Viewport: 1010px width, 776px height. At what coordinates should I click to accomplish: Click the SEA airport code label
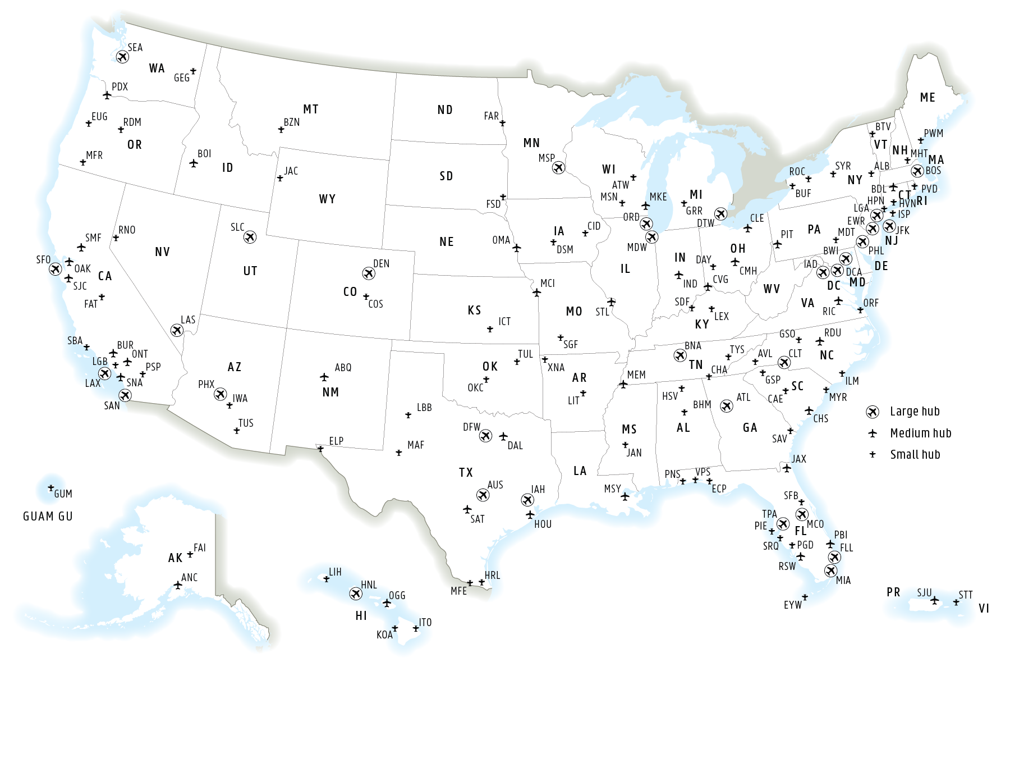tap(135, 48)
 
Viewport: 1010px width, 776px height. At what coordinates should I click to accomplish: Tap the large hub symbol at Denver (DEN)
tap(369, 273)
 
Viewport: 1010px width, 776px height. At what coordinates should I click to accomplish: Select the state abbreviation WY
tap(327, 199)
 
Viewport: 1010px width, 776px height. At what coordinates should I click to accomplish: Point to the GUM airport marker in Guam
tap(51, 488)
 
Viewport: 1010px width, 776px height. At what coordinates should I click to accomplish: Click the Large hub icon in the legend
tap(873, 412)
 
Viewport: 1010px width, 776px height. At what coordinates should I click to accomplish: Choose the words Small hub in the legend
tap(915, 455)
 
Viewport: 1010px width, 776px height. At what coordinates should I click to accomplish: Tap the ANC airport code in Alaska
tap(189, 578)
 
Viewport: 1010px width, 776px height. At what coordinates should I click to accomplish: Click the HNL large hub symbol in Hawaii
tap(356, 594)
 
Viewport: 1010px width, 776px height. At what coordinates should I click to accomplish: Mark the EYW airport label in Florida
tap(792, 605)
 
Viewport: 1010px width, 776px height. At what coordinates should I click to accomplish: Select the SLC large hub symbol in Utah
tap(250, 238)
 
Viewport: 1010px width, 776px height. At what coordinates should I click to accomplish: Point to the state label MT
tap(311, 109)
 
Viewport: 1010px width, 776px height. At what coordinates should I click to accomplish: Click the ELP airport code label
tap(336, 441)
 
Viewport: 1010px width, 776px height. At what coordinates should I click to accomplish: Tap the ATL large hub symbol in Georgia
tap(727, 406)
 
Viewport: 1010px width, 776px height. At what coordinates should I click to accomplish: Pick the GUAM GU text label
tap(48, 517)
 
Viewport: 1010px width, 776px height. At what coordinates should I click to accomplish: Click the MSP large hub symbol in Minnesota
tap(559, 168)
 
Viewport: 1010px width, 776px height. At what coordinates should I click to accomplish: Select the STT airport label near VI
tap(965, 595)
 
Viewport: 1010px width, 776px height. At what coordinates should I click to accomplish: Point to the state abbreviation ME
tap(928, 98)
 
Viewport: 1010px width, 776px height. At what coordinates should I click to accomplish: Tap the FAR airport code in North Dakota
tap(491, 116)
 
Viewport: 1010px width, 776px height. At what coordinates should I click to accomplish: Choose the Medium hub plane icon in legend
tap(873, 433)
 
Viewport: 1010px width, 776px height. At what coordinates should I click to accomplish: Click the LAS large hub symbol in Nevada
tap(177, 331)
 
